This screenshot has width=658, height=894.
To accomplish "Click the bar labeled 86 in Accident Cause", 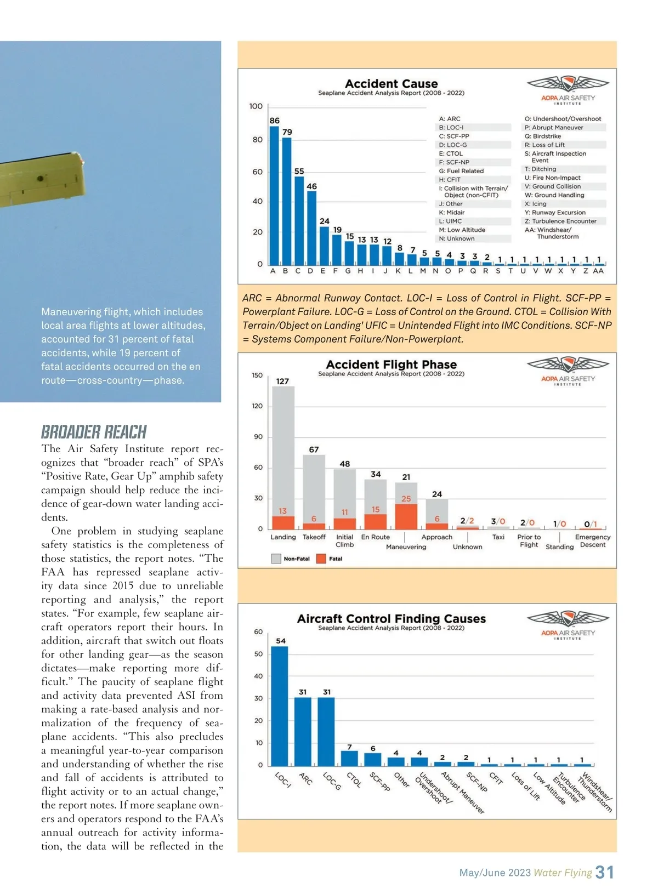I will [274, 196].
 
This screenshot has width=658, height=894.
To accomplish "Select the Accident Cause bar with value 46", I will [311, 228].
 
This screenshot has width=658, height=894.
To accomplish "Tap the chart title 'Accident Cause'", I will [391, 84].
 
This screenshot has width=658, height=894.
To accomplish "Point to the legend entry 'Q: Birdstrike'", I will [543, 136].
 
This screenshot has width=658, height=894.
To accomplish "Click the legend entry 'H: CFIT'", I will [450, 180].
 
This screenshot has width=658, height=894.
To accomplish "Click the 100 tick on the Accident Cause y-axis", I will [256, 106].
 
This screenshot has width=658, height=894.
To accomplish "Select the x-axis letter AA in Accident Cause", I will [598, 271].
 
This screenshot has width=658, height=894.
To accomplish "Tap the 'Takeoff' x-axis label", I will [314, 537].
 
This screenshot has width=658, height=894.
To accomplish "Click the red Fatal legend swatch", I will [321, 559].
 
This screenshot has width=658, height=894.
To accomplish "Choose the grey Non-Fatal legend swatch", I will [276, 559].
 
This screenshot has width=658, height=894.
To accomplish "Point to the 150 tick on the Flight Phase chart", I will [257, 375].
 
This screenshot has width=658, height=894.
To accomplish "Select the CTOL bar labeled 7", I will [349, 758].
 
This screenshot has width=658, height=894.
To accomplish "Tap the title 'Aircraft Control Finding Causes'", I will [391, 619].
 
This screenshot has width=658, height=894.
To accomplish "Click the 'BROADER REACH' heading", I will [94, 432].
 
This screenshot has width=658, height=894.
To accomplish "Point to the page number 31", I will [604, 872].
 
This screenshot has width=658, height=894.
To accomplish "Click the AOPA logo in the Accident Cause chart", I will [568, 90].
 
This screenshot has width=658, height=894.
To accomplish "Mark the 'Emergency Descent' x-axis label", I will [592, 541].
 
